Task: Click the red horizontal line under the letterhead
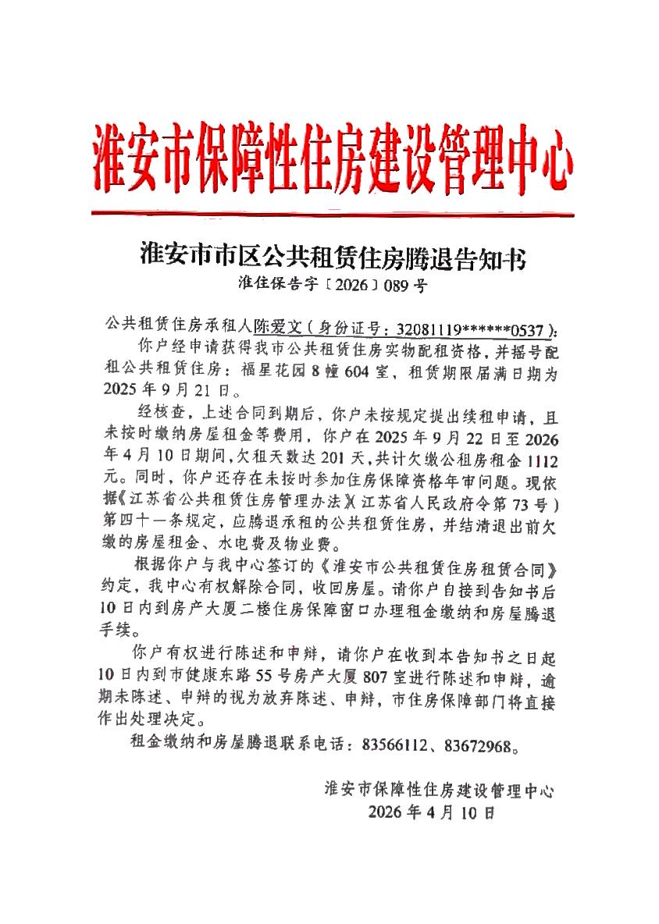(x=331, y=213)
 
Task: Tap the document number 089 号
(x=407, y=286)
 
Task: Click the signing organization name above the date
(x=440, y=791)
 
